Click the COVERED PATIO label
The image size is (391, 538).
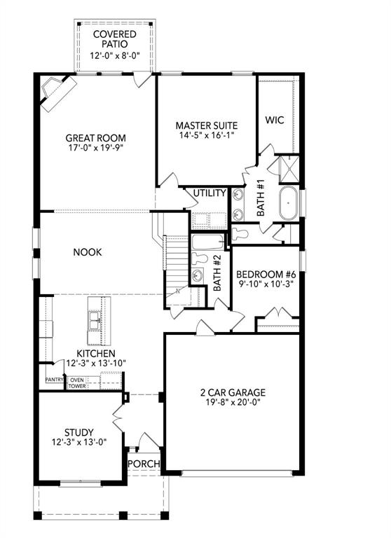coord(114,39)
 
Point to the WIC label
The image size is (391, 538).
coord(274,120)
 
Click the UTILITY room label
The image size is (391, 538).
coord(210,193)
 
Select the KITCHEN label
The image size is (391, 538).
coord(96,354)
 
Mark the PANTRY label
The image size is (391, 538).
coord(54,380)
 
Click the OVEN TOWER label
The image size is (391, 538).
coord(76,383)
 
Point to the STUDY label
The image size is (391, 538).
coord(78,432)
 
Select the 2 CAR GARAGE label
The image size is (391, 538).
coord(231,392)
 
